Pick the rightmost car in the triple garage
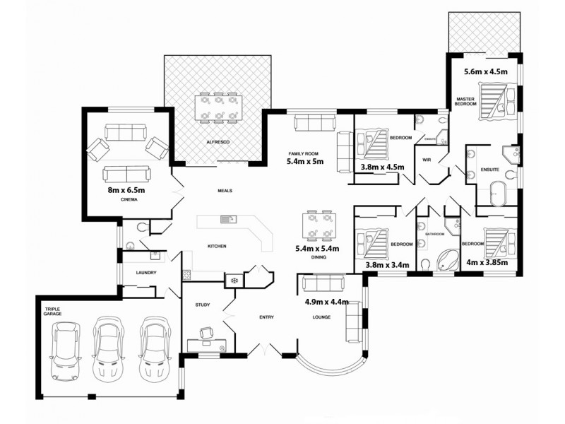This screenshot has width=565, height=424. (155, 348)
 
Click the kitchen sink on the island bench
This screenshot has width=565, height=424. (227, 220)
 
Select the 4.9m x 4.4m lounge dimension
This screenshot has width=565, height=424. (328, 302)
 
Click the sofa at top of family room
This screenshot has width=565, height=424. (311, 124)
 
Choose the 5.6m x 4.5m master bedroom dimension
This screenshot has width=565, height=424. (485, 71)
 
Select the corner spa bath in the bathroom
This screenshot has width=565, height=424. (444, 260)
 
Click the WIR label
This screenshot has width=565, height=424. (426, 160)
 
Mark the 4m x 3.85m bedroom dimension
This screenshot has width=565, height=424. (487, 263)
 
